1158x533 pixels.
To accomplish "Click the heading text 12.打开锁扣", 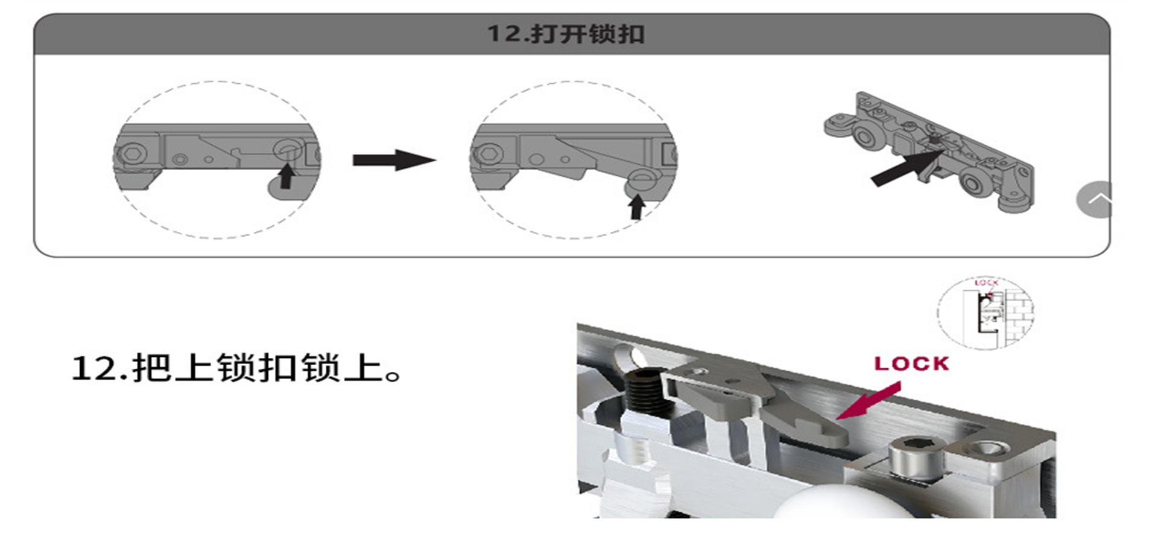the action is (x=566, y=34).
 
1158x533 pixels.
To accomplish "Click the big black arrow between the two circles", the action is (x=394, y=160).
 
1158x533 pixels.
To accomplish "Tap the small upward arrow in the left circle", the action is (x=287, y=176).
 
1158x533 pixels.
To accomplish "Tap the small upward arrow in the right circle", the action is (x=637, y=206).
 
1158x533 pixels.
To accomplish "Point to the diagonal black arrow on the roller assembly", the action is (x=907, y=168).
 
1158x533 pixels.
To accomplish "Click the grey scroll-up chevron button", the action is (x=1094, y=199).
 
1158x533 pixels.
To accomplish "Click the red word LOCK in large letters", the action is (x=911, y=363).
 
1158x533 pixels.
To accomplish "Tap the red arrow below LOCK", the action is (x=868, y=401).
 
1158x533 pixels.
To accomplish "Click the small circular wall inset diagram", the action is (x=986, y=313).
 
